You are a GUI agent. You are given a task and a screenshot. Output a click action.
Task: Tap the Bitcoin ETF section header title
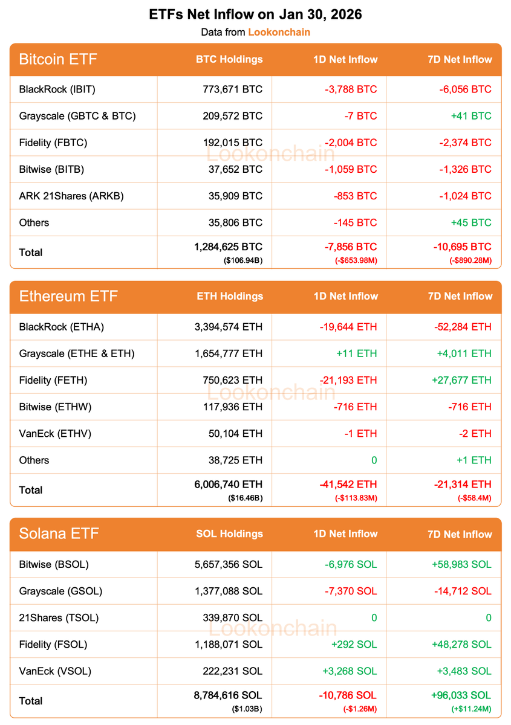coord(58,59)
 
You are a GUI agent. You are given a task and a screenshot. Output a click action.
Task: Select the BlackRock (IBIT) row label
coord(57,89)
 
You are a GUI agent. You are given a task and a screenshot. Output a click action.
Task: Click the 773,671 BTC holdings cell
coord(233,89)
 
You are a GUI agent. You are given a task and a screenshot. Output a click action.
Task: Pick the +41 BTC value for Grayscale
coord(471,116)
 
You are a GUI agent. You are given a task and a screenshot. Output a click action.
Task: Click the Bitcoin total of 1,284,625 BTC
coord(229,247)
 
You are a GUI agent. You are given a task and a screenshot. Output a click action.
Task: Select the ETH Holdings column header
coord(230,296)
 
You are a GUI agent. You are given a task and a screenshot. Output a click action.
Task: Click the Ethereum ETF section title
coord(68,296)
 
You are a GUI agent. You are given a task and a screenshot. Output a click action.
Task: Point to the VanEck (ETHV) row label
coord(55,433)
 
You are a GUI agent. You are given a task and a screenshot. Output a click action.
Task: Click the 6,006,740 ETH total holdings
coord(228,485)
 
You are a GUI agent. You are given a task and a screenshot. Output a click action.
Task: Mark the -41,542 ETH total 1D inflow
coord(348,485)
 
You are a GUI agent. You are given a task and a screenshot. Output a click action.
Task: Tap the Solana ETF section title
coord(59,533)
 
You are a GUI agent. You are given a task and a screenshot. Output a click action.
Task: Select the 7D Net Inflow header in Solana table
coord(459,534)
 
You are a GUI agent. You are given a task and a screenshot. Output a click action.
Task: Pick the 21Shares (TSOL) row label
coord(59,617)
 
